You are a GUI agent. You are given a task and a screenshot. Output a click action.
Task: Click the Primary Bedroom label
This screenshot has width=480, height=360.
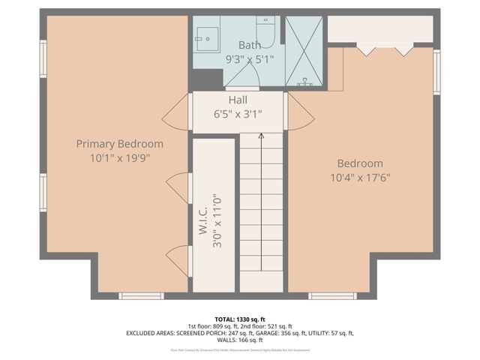(119, 143)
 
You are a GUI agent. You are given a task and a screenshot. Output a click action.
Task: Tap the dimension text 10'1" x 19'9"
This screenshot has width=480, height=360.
(119, 157)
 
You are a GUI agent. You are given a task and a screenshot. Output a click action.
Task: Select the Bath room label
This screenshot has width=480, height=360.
(250, 45)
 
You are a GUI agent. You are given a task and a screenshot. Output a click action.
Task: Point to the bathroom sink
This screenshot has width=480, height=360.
(205, 35)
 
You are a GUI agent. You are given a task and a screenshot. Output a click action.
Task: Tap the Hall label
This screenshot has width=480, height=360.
(238, 100)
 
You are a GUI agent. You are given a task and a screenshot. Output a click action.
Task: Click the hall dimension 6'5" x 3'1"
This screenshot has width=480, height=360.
(238, 115)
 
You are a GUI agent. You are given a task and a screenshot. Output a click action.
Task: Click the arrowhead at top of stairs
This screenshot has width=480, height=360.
(261, 136)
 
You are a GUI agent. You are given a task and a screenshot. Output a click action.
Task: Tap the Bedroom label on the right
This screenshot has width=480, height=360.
(360, 163)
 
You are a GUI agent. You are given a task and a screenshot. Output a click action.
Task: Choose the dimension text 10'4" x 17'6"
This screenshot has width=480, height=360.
(360, 178)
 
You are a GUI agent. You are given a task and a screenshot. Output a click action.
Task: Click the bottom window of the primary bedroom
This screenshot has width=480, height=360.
(141, 296)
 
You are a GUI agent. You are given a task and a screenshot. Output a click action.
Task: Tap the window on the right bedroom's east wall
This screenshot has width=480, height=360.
(436, 72)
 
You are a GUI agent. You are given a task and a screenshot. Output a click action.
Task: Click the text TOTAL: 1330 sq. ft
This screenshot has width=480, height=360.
(239, 318)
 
